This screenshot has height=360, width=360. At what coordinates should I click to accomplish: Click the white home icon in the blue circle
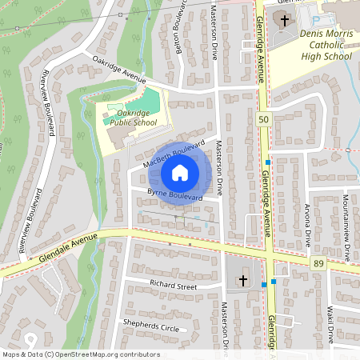[x=180, y=172]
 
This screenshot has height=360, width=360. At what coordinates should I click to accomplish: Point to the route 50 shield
[x=263, y=119]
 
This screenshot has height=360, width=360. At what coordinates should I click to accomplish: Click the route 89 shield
[x=319, y=263]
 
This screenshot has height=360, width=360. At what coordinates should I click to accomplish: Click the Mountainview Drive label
[x=346, y=227]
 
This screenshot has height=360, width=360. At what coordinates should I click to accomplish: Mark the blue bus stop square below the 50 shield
[x=268, y=162]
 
